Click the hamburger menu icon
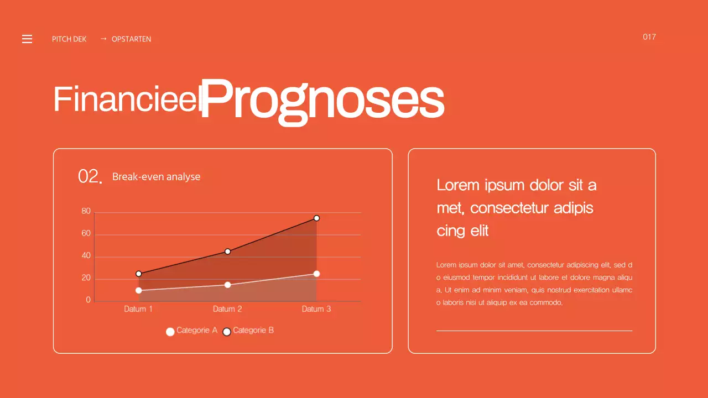(x=27, y=39)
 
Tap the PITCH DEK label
(x=69, y=39)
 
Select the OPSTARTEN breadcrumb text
(x=131, y=39)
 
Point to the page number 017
(x=649, y=37)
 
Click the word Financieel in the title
(x=126, y=99)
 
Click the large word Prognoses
(x=322, y=99)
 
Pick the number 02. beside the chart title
(x=90, y=177)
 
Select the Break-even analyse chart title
(x=156, y=177)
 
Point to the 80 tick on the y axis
(x=86, y=211)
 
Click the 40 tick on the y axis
(x=86, y=256)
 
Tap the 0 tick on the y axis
(x=88, y=300)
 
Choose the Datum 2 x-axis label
(x=227, y=309)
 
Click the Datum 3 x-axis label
(x=316, y=309)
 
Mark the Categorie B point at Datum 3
(x=316, y=218)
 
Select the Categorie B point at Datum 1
(x=138, y=274)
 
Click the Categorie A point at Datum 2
(x=227, y=285)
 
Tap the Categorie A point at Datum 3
(x=316, y=274)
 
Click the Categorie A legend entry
(x=192, y=331)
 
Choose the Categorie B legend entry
(x=248, y=331)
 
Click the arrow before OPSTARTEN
(x=103, y=39)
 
